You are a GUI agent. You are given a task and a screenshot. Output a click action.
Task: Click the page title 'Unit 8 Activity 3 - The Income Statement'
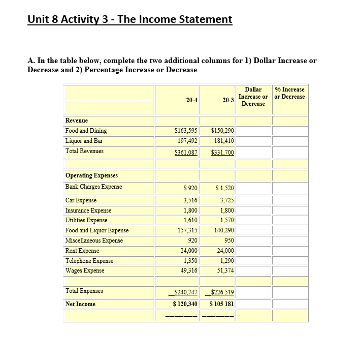[x=130, y=19]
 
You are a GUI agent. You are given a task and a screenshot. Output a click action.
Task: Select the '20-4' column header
[x=191, y=100]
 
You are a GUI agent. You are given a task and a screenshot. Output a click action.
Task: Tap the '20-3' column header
[x=227, y=100]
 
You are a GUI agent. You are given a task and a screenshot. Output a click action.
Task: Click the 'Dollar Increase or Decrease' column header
[x=253, y=97]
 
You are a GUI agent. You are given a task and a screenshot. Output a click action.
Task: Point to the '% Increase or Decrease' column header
[x=289, y=93]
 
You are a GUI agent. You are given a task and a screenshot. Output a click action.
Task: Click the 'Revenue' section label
[x=77, y=121]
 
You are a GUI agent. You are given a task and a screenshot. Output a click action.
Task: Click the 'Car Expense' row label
[x=81, y=200]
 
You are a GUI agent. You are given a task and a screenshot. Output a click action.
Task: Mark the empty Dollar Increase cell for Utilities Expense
[x=253, y=220]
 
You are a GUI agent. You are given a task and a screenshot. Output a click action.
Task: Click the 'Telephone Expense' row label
[x=89, y=261]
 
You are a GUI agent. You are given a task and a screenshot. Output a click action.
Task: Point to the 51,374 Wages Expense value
[x=223, y=270]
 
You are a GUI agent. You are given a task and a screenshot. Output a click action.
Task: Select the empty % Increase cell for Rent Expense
[x=289, y=251]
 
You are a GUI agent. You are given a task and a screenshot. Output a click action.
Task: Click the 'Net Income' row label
[x=80, y=304]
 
